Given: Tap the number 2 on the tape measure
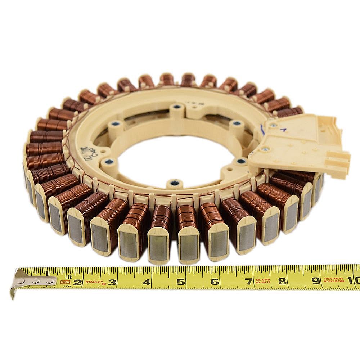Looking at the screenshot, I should point(77,282).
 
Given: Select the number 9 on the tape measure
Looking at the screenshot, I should point(316,280).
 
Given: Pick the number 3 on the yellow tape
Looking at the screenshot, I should point(112,282).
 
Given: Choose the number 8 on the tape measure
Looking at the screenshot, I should point(282,281).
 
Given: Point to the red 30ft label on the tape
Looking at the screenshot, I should point(65,282).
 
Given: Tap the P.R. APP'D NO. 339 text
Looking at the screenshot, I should point(265,281).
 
